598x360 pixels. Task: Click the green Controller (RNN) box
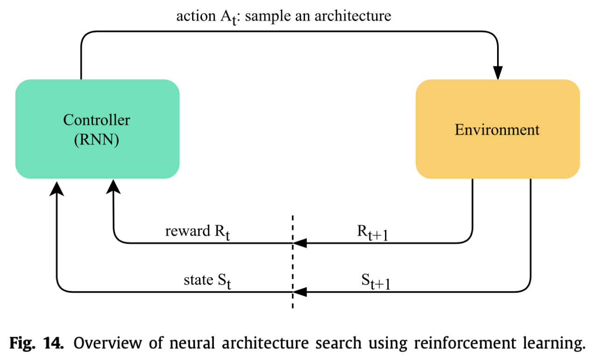[98, 129]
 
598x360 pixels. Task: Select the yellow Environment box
[498, 129]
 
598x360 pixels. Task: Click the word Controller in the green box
[97, 120]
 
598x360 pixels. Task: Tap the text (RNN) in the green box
[97, 140]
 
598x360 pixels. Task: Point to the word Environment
[497, 130]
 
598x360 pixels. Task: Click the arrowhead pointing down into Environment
[498, 72]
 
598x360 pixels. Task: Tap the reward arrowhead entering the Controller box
[113, 187]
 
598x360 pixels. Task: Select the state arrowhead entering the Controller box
[57, 188]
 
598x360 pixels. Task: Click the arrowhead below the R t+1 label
[300, 243]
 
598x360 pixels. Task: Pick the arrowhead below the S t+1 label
[300, 292]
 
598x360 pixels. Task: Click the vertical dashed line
[293, 262]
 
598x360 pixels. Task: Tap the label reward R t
[197, 232]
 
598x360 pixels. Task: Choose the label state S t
[207, 281]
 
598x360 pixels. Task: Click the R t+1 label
[372, 232]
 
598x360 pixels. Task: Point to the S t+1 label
[376, 281]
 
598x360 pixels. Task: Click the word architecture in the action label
[353, 16]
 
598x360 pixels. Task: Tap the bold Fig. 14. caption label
[36, 343]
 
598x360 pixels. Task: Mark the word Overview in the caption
[107, 343]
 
